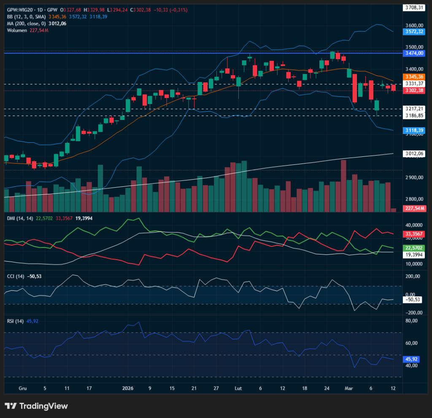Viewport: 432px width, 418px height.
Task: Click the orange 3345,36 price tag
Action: [414, 77]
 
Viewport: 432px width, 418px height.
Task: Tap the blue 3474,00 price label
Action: [414, 53]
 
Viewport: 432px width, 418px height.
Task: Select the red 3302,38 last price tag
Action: [414, 90]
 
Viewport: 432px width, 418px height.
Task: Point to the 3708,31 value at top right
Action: [414, 7]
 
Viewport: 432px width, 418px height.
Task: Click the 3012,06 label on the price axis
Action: [414, 153]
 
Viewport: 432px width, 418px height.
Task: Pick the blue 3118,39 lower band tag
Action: [414, 131]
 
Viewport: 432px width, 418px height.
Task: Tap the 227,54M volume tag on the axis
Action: [414, 208]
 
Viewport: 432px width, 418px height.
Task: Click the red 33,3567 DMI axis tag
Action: [414, 234]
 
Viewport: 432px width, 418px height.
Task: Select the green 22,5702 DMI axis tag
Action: [414, 248]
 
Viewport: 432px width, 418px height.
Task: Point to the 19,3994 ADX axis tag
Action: [414, 255]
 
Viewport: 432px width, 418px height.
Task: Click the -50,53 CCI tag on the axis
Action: [414, 300]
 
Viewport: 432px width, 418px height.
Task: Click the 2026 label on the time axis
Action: [127, 388]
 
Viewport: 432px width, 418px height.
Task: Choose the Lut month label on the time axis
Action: [238, 388]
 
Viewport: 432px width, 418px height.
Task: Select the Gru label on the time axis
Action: [23, 388]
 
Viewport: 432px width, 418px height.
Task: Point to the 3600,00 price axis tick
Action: [414, 25]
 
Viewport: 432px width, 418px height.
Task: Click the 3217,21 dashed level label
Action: [414, 109]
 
